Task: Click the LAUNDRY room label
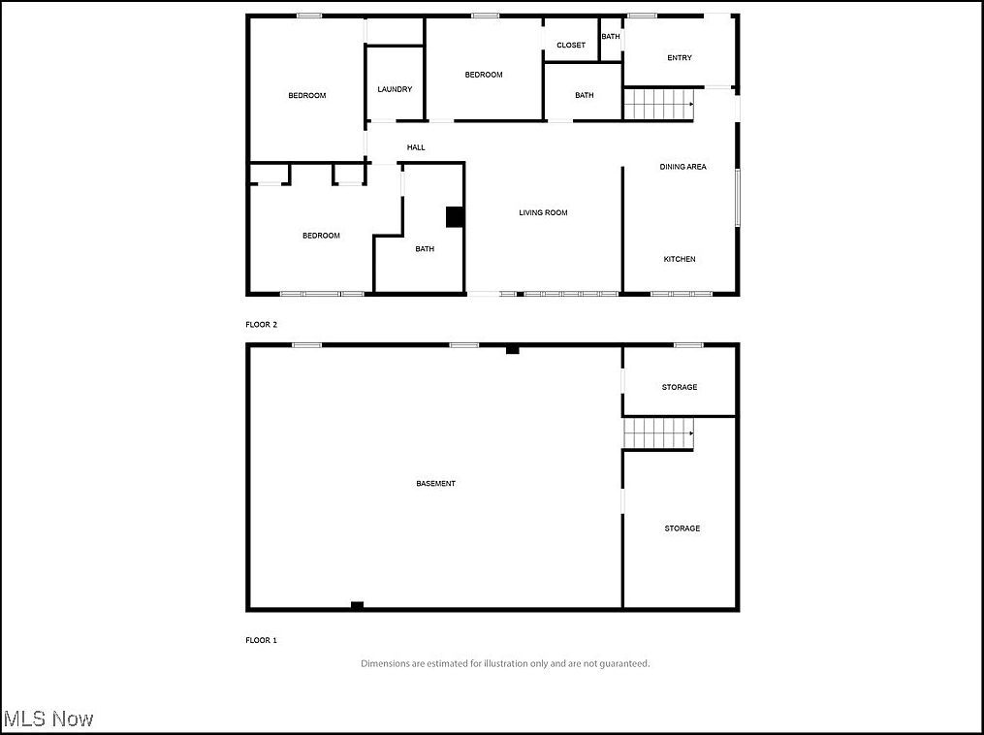pos(395,89)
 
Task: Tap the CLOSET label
pos(571,46)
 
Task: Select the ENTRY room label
pos(680,58)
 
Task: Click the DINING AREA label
pos(682,167)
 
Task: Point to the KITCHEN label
pos(680,259)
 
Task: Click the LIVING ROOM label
pos(543,212)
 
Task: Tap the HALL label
pos(416,147)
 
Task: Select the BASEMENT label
pos(435,483)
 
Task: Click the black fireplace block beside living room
pos(454,217)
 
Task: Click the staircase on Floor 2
pos(658,104)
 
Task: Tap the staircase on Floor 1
pos(658,433)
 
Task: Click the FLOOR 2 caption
pos(261,325)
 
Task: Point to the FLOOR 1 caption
pos(261,640)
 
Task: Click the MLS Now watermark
pos(48,719)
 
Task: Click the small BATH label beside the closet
pos(611,37)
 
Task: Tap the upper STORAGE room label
pos(680,387)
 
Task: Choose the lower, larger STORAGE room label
pos(682,528)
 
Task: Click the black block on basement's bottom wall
pos(357,606)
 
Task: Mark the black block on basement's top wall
pos(512,349)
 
